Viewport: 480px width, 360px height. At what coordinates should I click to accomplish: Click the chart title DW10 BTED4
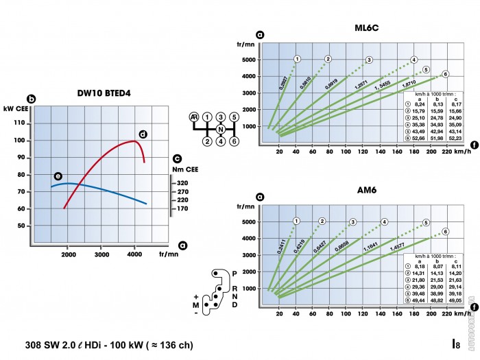coord(104,93)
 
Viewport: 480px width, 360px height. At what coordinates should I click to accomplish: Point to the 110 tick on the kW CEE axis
coord(19,123)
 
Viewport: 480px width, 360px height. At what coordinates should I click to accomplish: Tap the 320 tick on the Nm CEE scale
coord(182,183)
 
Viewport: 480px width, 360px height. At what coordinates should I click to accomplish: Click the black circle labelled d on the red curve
coord(143,134)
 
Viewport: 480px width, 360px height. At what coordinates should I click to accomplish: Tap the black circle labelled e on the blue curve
coord(58,176)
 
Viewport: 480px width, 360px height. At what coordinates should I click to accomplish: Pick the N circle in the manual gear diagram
coord(220,129)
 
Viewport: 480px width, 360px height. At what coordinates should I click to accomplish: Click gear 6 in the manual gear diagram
coord(234,141)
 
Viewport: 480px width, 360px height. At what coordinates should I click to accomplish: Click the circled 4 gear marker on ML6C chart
coord(413,60)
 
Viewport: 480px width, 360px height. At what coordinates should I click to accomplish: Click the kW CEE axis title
coord(14,109)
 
